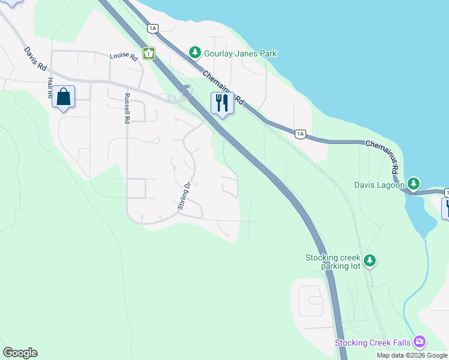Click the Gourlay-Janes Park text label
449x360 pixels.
[240, 53]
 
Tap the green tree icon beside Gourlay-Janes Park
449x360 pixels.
[194, 53]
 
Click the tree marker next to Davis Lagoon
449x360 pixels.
[413, 183]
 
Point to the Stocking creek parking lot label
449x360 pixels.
[333, 262]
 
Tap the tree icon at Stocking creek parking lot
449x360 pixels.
[370, 260]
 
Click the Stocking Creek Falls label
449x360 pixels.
[373, 343]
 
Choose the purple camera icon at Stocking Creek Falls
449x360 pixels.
[419, 342]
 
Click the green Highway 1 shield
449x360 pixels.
[149, 53]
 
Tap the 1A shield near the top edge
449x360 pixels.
[152, 28]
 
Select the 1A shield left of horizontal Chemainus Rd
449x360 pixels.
[300, 134]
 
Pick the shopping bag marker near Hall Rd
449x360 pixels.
[64, 97]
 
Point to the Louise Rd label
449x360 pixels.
[124, 56]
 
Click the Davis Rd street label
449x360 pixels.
[35, 60]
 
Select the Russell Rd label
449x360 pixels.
[127, 109]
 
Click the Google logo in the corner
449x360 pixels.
[20, 353]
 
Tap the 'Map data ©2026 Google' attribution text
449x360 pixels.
[411, 355]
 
